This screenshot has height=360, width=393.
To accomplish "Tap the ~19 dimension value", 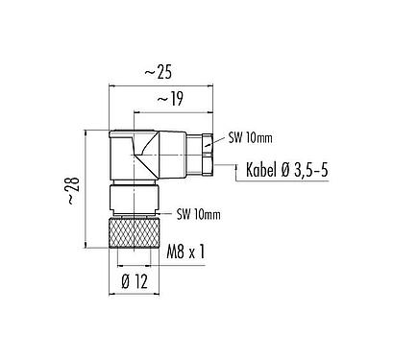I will coord(170,97).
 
